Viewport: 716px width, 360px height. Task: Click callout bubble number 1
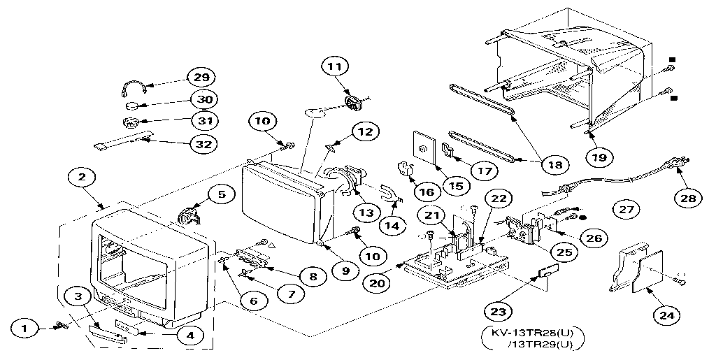point(25,326)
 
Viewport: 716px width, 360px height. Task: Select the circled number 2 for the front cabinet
point(82,178)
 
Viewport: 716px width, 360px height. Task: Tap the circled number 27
point(626,208)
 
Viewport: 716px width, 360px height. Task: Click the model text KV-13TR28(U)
point(532,333)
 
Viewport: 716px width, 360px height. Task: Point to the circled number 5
point(221,195)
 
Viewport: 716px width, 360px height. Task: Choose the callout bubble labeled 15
point(455,185)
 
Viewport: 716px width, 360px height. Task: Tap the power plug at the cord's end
point(675,166)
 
